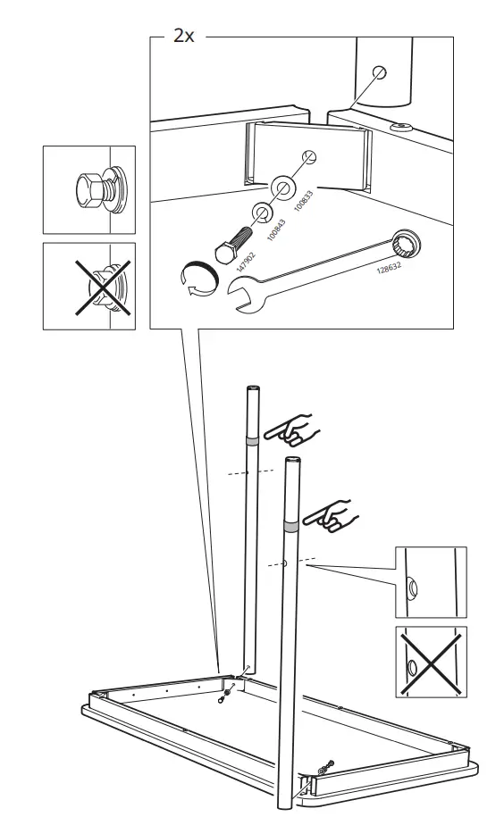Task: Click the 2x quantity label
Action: [183, 36]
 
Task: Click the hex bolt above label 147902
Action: [234, 236]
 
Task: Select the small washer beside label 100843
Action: [263, 212]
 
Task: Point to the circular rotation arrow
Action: [196, 279]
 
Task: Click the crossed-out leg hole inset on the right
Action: [430, 662]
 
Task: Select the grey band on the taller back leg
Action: [252, 440]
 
